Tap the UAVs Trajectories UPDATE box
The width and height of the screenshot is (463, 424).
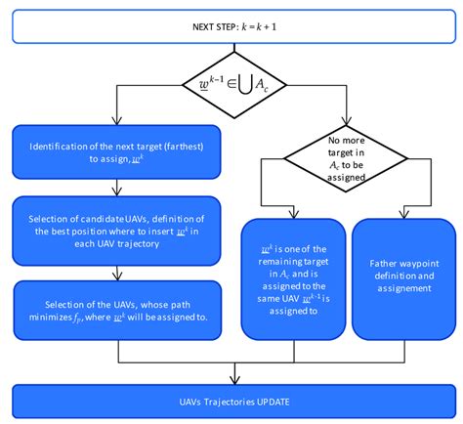point(231,403)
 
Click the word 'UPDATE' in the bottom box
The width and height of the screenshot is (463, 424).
point(277,403)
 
